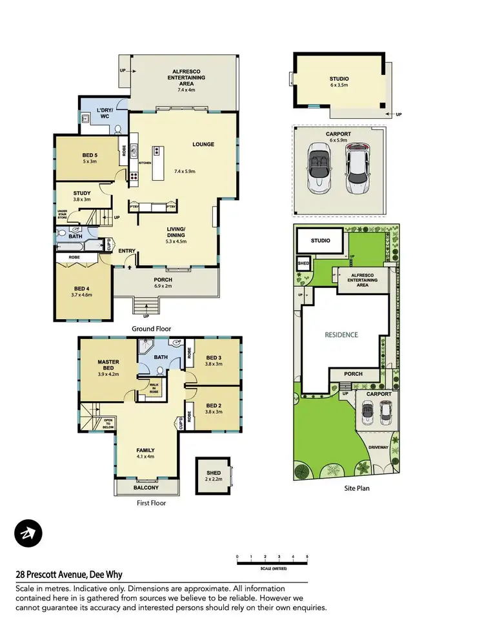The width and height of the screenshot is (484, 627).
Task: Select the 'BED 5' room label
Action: pos(91,158)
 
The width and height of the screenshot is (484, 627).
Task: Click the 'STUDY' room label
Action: pos(82,196)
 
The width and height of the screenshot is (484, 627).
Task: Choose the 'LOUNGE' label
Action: pos(203,144)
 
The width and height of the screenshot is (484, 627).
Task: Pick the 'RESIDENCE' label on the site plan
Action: pos(341,334)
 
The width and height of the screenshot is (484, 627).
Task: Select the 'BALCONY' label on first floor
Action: pos(147,488)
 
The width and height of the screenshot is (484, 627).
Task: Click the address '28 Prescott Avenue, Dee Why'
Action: pos(69,574)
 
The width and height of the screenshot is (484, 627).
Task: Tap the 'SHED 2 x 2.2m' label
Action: pos(213,476)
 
